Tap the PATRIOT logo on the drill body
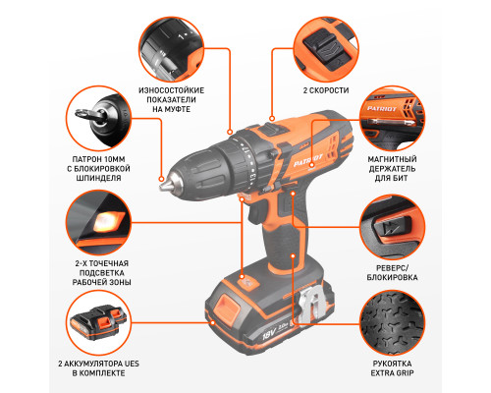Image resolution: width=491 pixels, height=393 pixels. tap(308, 160)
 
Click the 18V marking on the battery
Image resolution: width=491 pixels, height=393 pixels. tap(269, 334)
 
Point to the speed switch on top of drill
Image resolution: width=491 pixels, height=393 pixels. tap(270, 129)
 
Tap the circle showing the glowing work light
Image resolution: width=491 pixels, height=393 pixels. tap(98, 222)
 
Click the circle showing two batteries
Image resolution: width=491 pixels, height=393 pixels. tap(98, 322)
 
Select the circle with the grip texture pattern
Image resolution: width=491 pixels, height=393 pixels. tap(392, 322)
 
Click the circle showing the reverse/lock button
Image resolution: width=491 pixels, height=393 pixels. tap(392, 227)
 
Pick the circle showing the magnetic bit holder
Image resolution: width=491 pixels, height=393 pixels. tap(392, 119)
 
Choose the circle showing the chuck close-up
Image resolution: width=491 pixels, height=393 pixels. tap(98, 119)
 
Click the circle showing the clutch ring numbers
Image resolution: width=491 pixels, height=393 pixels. tap(172, 49)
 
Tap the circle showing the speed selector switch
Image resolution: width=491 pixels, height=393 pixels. tap(326, 49)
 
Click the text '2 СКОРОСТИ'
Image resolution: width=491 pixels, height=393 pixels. tap(326, 90)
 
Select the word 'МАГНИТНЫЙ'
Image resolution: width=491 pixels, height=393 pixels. tap(392, 159)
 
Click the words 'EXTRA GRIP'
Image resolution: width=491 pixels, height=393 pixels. tap(392, 373)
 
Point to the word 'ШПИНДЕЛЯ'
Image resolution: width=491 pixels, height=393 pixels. tap(98, 178)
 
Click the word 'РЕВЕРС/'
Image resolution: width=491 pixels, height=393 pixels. tap(392, 268)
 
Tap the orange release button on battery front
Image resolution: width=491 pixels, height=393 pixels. tap(227, 306)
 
